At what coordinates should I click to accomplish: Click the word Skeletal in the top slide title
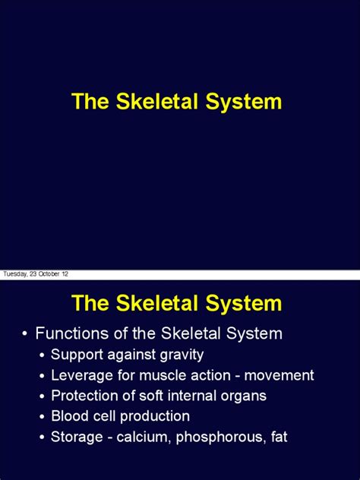coord(156,101)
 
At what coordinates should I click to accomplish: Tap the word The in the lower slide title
coord(90,303)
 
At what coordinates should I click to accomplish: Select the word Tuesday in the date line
coord(15,274)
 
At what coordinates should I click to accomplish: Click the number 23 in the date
coord(33,273)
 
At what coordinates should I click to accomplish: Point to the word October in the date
coord(49,273)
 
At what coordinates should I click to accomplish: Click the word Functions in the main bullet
coord(72,333)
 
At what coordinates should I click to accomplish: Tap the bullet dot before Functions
coord(25,334)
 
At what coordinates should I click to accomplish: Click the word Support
coord(77,355)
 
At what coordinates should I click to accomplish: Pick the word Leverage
coord(82,376)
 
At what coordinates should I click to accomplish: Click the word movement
coord(279,376)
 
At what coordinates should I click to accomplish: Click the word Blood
coord(68,416)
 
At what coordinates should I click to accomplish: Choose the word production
coord(155,417)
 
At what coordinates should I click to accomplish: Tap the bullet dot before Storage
coord(43,437)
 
